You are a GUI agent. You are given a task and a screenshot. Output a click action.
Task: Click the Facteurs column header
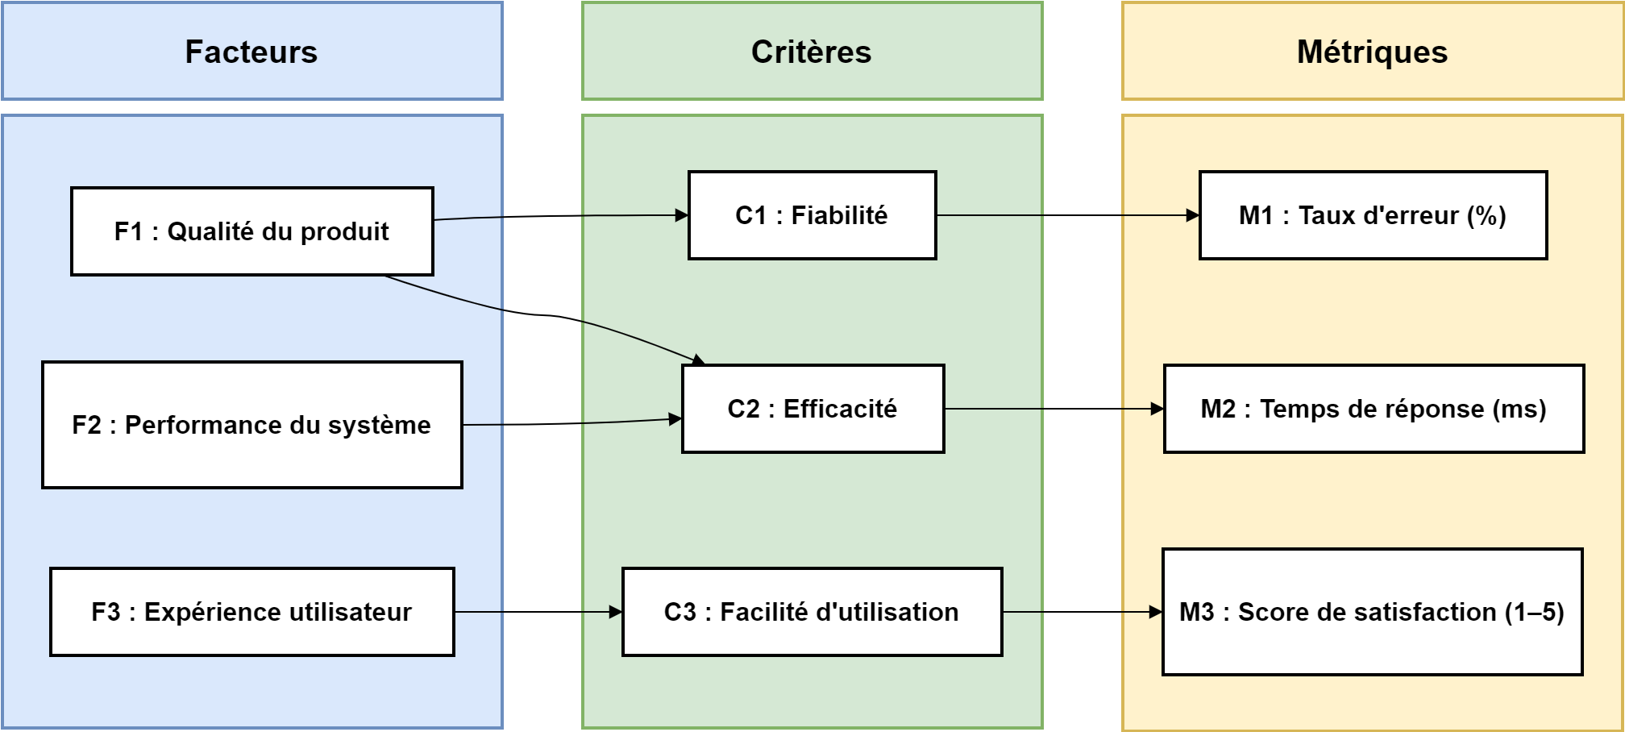(251, 52)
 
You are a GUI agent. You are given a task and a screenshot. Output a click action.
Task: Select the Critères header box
(812, 52)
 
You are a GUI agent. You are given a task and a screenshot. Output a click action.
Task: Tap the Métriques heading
(1372, 52)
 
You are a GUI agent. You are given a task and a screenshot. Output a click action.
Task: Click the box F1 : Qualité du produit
(251, 231)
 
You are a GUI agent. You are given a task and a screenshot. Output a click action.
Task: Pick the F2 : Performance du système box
(251, 425)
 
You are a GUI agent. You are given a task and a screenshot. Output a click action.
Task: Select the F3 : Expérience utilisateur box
(251, 612)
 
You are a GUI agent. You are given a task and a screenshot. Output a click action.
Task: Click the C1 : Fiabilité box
(812, 215)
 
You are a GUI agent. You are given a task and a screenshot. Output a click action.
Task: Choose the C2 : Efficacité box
(812, 409)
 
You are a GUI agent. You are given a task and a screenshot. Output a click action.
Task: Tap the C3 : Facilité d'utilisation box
(812, 612)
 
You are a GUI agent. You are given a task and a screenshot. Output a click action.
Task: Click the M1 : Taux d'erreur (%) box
(1373, 215)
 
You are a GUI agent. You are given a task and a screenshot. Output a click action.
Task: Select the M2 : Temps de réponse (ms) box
(1374, 409)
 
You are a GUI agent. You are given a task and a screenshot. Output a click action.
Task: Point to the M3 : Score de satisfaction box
(1372, 612)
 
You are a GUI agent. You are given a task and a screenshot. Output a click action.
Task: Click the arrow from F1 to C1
(564, 216)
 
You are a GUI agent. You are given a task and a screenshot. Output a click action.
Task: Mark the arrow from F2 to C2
(572, 423)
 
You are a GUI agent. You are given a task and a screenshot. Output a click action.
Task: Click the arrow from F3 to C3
(538, 612)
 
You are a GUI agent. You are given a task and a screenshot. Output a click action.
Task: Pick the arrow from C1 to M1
(1068, 215)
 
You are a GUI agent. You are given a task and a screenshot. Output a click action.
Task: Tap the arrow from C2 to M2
(1054, 409)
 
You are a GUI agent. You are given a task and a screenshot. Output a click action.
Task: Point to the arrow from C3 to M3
(1082, 612)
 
